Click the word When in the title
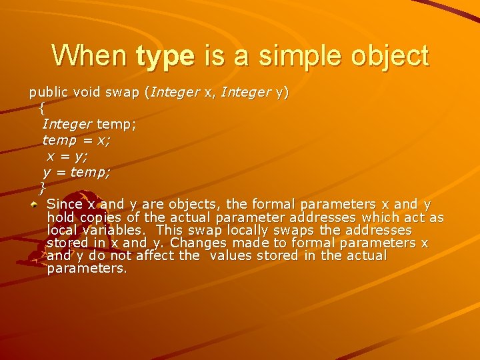pos(89,55)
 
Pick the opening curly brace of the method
pos(41,107)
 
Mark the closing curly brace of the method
pos(42,187)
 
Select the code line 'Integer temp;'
pos(89,124)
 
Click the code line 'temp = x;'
pos(76,140)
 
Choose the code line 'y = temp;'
pos(76,172)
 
